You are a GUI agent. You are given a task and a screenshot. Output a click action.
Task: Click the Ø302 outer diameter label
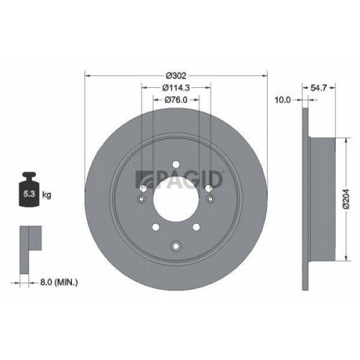point(176,75)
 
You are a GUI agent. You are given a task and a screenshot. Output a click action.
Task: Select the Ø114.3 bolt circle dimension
point(176,87)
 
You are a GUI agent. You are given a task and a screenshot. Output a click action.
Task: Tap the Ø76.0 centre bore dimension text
point(176,99)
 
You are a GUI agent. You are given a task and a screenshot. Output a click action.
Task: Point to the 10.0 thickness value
point(283,100)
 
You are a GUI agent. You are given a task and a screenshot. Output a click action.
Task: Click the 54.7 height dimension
point(319,87)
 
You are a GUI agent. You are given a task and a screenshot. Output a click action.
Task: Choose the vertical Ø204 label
point(346,194)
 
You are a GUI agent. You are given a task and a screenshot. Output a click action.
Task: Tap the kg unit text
point(45,195)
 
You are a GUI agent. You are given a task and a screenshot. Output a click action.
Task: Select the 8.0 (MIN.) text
point(59,282)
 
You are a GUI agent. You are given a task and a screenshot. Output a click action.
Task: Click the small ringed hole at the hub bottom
point(176,248)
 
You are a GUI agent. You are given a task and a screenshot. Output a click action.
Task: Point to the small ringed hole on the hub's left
point(143,199)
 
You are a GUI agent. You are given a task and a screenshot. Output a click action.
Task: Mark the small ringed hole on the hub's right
point(210,199)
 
